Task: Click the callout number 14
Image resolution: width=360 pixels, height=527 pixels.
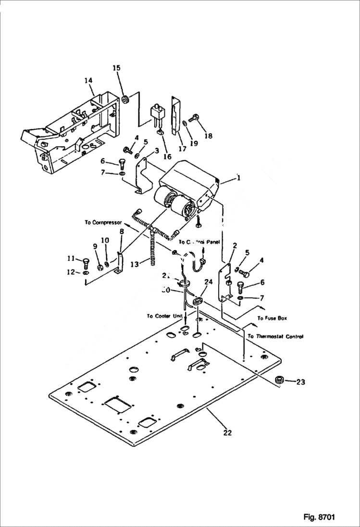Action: (x=88, y=81)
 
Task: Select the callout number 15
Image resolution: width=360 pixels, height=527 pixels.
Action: (x=116, y=68)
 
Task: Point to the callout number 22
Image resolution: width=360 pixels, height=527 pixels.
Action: (x=227, y=432)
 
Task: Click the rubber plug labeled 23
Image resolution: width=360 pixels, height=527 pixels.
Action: (x=278, y=380)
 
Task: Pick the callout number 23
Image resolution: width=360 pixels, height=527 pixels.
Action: (x=300, y=382)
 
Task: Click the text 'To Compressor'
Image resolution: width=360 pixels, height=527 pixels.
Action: (x=103, y=222)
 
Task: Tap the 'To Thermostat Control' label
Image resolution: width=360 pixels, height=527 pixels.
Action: (x=275, y=337)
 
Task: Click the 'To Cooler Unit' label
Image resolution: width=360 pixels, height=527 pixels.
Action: (x=164, y=316)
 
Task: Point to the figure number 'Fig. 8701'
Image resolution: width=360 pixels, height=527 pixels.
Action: (x=319, y=517)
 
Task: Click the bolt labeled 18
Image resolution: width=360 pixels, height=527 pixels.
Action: (x=194, y=116)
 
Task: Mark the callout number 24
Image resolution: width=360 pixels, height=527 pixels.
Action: (x=208, y=282)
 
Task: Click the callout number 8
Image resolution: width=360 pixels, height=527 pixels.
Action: (x=122, y=231)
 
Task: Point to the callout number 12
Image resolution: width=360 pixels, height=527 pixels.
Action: (x=70, y=272)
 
